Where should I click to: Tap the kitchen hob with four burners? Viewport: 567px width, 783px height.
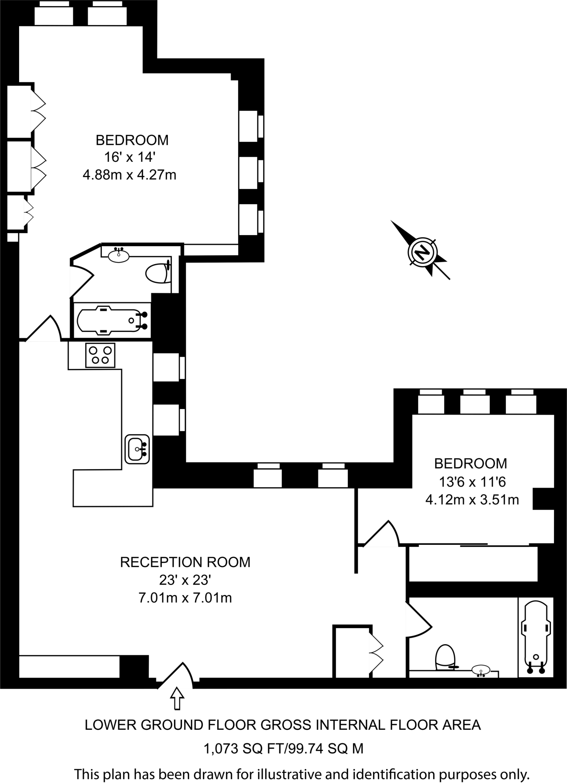pos(100,355)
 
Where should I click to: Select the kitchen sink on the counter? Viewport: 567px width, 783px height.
pos(136,449)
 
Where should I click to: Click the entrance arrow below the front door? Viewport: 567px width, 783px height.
pos(177,699)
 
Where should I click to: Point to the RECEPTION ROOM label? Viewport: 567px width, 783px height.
pos(185,562)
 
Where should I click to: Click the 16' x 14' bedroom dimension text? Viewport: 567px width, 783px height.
pos(130,157)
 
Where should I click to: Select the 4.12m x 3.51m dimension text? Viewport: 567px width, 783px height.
pos(472,500)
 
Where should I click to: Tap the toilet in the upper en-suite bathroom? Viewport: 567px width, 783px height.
pos(158,273)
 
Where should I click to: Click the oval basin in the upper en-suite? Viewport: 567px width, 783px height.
pos(119,255)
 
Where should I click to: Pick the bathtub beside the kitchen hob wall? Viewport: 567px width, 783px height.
pos(111,320)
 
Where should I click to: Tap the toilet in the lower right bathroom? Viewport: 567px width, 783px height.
pos(445,657)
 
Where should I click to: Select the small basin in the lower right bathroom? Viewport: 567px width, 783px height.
pos(481,670)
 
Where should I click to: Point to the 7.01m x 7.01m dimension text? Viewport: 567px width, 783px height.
pos(185,598)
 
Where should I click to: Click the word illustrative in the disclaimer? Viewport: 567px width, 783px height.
pos(289,775)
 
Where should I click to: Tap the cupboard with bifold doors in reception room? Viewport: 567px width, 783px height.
pos(352,652)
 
